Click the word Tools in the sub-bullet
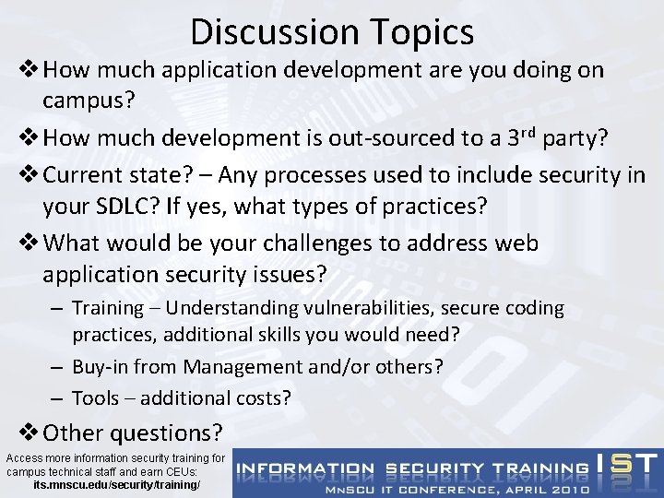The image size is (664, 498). tap(95, 397)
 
